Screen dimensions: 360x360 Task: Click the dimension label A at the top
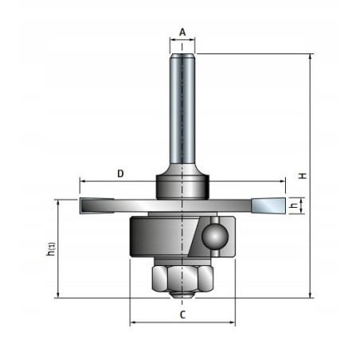coord(182,33)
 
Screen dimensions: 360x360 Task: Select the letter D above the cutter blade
coord(119,173)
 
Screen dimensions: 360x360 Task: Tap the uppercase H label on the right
coord(303,175)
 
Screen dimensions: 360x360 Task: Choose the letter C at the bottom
coord(182,315)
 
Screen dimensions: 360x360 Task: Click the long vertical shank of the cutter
coord(182,108)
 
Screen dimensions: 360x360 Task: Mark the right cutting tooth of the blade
coord(267,206)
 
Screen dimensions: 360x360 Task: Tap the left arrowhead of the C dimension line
coord(133,323)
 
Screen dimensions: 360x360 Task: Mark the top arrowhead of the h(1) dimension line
coord(59,202)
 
